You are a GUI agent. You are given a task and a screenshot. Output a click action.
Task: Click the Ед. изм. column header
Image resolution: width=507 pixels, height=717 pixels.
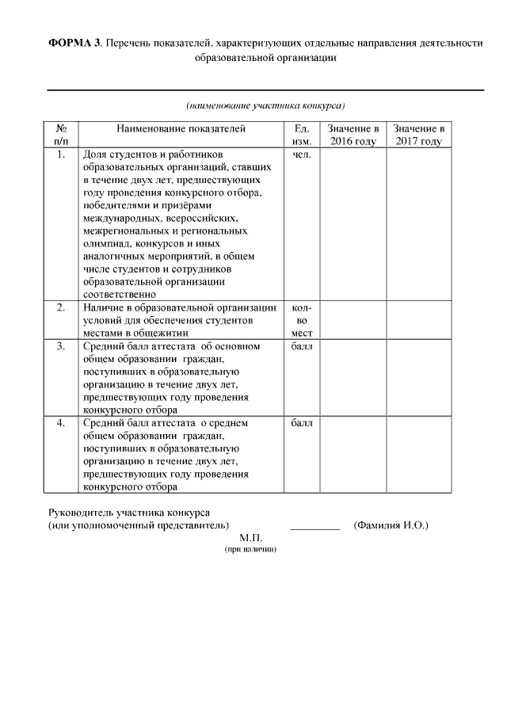[301, 135]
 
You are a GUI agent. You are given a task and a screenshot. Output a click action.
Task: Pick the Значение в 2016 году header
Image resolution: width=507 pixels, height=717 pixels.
[353, 135]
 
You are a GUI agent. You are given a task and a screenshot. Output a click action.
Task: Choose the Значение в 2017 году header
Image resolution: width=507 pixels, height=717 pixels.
[418, 135]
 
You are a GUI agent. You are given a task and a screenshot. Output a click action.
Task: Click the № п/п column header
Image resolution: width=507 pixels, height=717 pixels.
[61, 135]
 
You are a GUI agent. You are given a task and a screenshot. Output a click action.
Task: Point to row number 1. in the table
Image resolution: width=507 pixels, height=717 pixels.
[61, 154]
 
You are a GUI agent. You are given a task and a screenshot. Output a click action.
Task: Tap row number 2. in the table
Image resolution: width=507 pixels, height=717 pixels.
[61, 307]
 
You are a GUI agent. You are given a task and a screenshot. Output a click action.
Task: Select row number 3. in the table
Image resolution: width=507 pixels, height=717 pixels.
[61, 346]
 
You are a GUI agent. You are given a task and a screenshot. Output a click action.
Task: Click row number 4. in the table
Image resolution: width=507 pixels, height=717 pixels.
[61, 423]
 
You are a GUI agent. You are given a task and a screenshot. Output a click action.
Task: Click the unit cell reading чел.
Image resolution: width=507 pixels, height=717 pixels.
[302, 154]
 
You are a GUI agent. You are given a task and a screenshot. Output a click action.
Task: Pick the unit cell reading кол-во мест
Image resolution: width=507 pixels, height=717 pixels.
[302, 320]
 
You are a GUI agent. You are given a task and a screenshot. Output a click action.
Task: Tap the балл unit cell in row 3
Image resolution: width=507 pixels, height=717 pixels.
[302, 346]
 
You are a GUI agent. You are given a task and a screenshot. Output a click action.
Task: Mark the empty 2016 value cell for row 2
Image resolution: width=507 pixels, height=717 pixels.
[353, 320]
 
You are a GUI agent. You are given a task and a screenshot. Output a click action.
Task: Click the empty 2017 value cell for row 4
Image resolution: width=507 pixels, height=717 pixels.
[418, 454]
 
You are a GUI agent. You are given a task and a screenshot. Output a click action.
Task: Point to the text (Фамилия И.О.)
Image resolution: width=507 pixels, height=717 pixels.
[391, 524]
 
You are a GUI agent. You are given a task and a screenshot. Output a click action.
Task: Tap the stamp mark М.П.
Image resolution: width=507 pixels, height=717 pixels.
[250, 538]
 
